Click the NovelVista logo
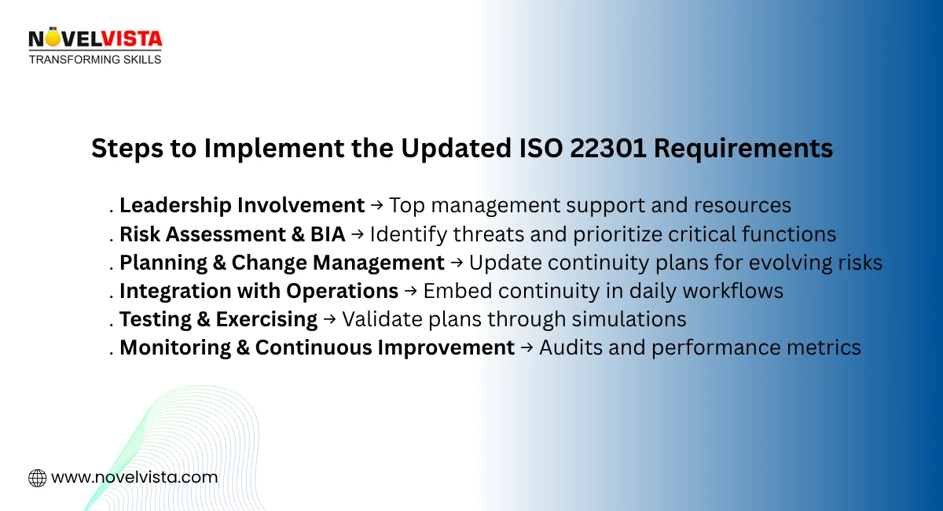[94, 39]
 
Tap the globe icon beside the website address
[37, 477]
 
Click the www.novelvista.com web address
[134, 477]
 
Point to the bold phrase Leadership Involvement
[242, 206]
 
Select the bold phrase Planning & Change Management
[282, 263]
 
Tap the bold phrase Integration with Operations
[259, 291]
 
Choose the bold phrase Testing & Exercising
[218, 319]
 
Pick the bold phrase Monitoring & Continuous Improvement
[317, 347]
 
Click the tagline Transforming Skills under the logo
[95, 59]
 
